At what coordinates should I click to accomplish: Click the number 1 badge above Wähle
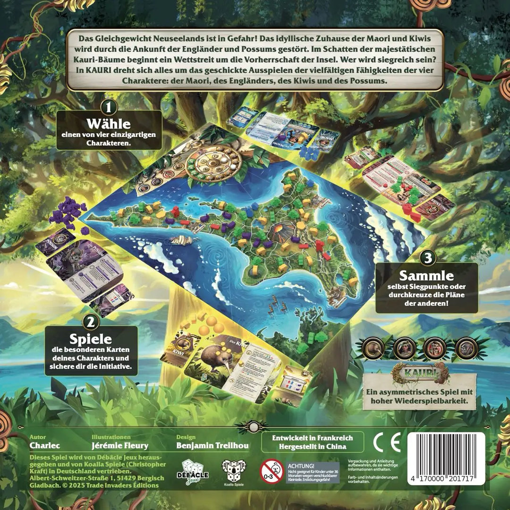109,108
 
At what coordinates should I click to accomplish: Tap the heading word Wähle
109,124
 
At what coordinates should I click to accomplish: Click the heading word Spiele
91,340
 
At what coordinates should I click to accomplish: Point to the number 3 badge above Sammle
427,258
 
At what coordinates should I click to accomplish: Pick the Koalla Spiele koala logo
234,471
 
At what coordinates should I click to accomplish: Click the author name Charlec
43,445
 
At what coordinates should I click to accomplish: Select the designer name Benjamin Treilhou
212,445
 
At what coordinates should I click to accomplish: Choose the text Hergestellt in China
312,446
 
